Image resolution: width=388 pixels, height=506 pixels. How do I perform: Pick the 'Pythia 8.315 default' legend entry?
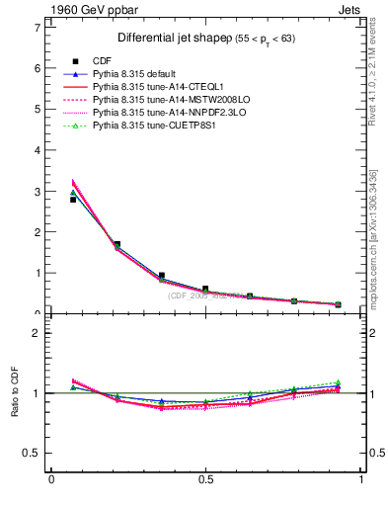(x=135, y=75)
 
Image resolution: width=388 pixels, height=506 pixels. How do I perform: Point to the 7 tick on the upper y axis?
(x=37, y=27)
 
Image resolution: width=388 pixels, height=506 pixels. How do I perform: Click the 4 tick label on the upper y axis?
(x=37, y=149)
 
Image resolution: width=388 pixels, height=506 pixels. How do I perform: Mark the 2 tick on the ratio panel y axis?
(x=37, y=333)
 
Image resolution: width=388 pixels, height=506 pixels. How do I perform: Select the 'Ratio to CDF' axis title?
(x=15, y=393)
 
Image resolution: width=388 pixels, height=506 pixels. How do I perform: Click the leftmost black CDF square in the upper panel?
(x=73, y=200)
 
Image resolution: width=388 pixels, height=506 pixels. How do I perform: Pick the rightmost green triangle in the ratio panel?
(x=338, y=382)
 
